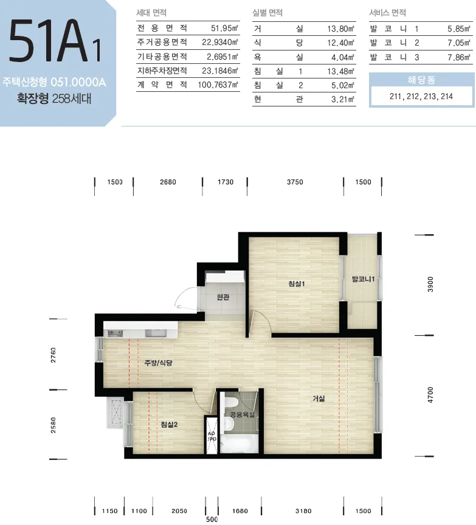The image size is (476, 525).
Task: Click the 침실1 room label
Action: coord(297,284)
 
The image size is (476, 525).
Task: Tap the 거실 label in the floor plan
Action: coord(319,398)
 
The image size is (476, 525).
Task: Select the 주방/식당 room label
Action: coord(158,363)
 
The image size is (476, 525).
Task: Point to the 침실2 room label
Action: coord(169,425)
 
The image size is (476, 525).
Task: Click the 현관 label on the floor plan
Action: coord(223,297)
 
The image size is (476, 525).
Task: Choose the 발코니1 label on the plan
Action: coord(363,279)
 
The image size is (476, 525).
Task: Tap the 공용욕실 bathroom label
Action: coord(242,414)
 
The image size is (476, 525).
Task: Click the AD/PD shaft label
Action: coord(212,436)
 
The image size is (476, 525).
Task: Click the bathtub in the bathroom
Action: coord(239,443)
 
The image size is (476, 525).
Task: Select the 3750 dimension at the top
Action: coord(295,182)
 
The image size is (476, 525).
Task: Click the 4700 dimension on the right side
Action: coord(430,395)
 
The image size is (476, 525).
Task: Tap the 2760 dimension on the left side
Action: coord(53,355)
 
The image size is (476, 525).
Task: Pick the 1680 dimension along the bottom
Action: coord(240,511)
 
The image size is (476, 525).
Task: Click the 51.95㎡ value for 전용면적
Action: coord(224,28)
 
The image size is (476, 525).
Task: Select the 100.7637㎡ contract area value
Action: coord(218,85)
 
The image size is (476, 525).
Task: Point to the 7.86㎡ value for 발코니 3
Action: coord(459,57)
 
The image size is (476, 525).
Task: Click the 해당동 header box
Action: coord(421,80)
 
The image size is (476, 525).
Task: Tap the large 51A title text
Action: coord(49,41)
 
